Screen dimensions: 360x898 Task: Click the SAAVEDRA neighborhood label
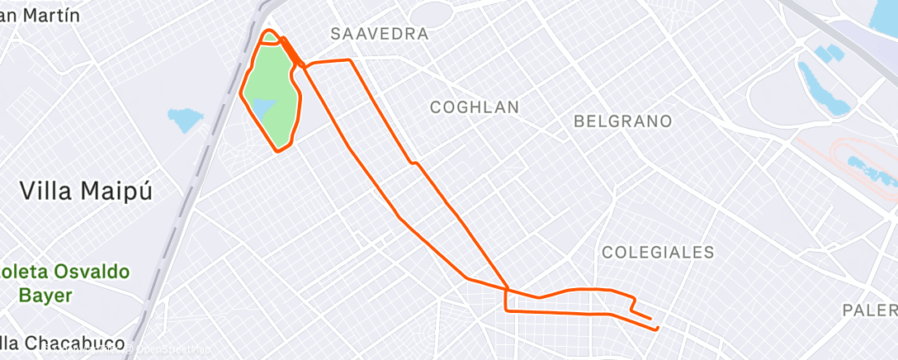(379, 34)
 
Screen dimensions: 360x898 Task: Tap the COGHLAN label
(475, 107)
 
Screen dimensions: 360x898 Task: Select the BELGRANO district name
(622, 121)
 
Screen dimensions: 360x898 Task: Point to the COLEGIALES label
(658, 253)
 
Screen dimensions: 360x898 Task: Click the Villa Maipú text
(87, 192)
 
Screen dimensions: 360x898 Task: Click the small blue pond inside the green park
(263, 108)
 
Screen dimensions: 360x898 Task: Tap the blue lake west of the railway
(185, 120)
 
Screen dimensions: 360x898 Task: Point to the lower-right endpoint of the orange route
(657, 329)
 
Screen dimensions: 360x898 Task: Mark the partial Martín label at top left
(41, 14)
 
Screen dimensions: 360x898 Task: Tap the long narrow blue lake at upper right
(820, 88)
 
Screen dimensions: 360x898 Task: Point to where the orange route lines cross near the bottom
(507, 288)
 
